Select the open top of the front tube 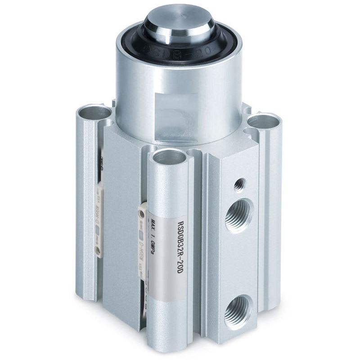click(169, 157)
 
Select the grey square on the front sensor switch click(141, 234)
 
